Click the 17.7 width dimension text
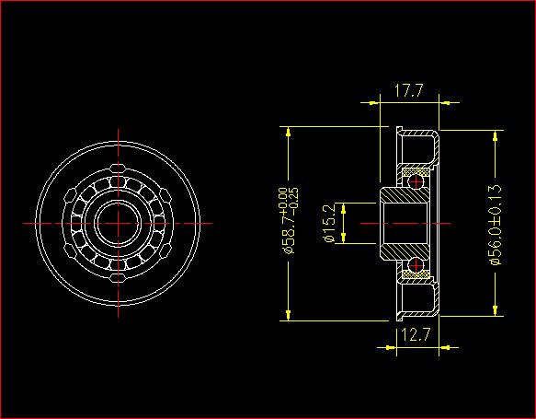409,90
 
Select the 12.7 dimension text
416,334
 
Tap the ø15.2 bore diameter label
329,223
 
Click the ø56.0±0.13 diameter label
496,225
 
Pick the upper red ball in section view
416,181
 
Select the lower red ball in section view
416,265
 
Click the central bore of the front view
119,223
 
